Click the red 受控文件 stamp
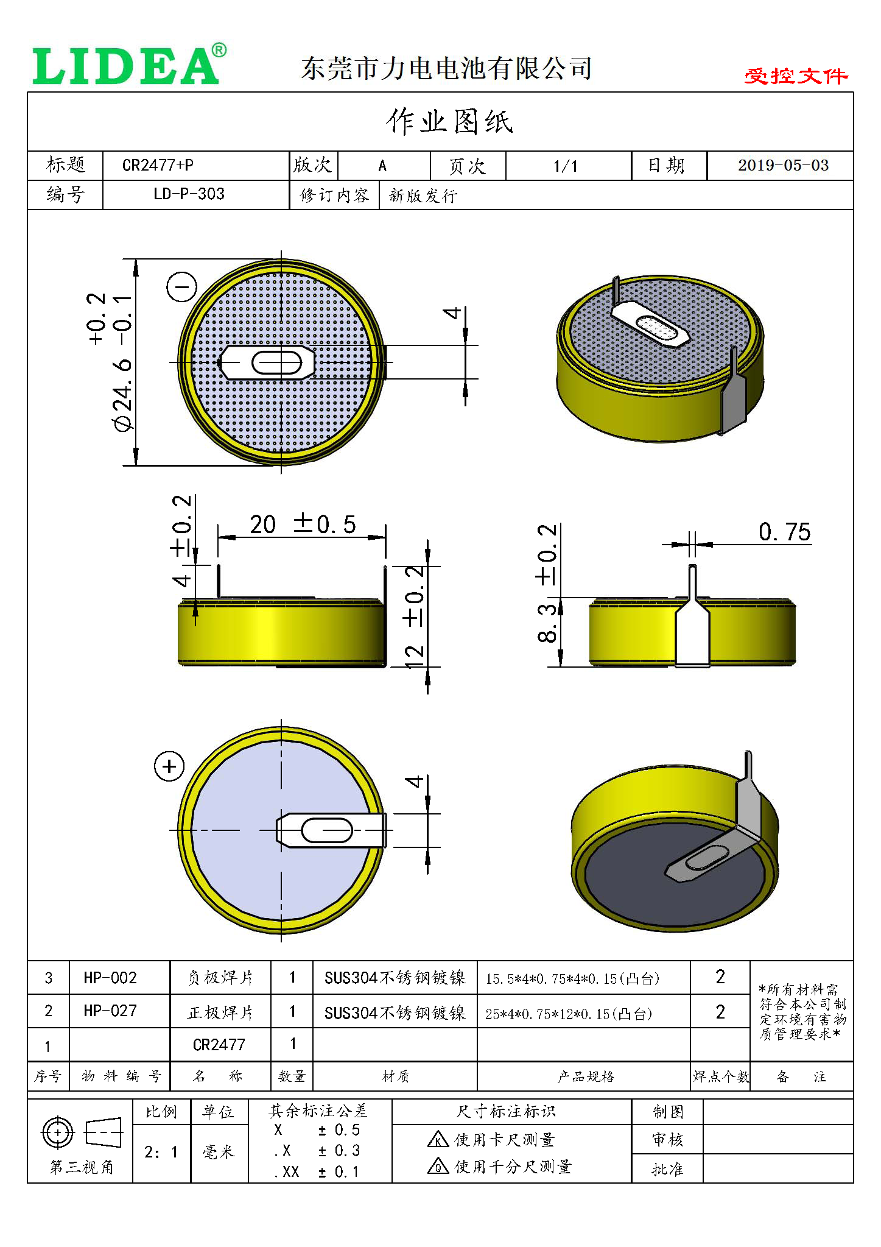tap(795, 76)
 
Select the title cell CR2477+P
tap(158, 165)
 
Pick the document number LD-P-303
tap(189, 194)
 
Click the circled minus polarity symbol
tap(181, 286)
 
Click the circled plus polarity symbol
tap(169, 766)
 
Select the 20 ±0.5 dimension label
tap(303, 524)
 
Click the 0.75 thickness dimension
tap(784, 532)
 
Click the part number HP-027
tap(110, 1011)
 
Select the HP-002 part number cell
tap(110, 978)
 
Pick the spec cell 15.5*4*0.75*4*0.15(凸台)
tap(572, 979)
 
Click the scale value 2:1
tap(161, 1152)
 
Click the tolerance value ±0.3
tap(339, 1151)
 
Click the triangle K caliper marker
tap(438, 1139)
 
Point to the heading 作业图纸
tap(449, 121)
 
